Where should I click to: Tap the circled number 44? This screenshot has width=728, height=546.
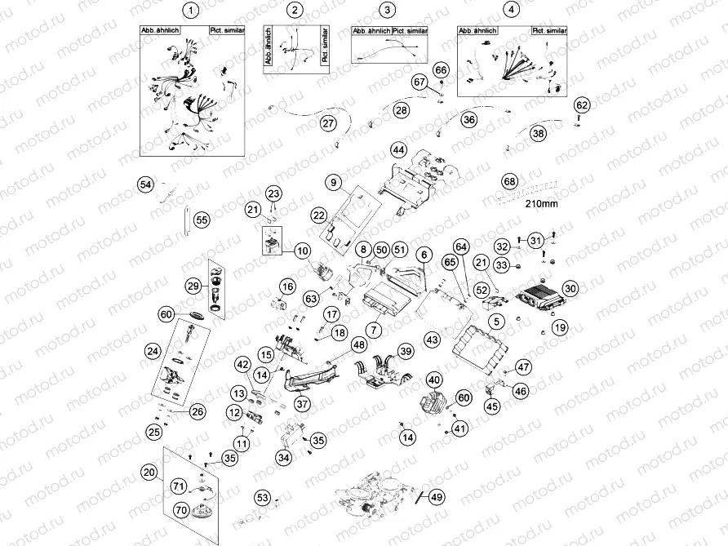(x=397, y=150)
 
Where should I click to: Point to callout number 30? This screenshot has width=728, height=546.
(x=570, y=288)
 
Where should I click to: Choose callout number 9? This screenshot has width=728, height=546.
(x=335, y=180)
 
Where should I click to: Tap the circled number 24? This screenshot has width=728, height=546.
(x=153, y=351)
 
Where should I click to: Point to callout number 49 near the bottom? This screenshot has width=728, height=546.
(x=437, y=497)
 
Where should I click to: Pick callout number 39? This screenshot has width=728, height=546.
(x=405, y=350)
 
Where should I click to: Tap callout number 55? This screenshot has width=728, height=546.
(x=202, y=220)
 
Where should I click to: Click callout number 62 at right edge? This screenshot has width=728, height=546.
(x=581, y=105)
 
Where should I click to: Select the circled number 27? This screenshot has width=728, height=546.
(x=328, y=123)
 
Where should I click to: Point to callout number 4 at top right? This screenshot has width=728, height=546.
(x=511, y=11)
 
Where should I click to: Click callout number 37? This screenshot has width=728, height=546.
(x=302, y=403)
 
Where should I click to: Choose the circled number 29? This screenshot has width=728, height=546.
(x=193, y=286)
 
